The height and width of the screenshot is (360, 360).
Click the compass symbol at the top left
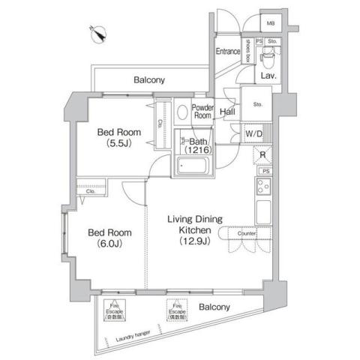tap(98, 32)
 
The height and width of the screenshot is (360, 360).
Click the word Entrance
tap(229, 52)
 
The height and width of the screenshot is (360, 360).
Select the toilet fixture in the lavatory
tap(268, 58)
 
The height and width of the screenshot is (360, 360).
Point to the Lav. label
tap(268, 76)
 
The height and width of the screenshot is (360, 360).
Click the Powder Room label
tap(202, 112)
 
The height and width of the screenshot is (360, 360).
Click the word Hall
tap(229, 113)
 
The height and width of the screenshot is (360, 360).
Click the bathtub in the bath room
tap(193, 166)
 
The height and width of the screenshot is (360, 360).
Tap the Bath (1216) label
tap(197, 145)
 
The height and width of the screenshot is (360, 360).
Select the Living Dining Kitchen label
tap(192, 229)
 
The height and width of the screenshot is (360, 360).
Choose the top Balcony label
tap(150, 79)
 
